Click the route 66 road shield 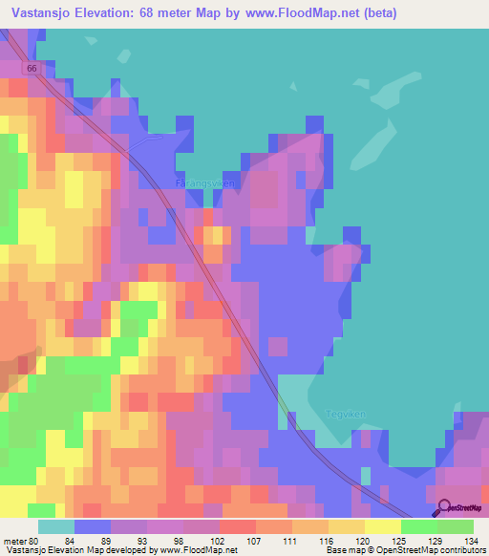[x=32, y=70]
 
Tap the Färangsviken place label [x=205, y=182]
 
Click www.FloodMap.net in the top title [x=295, y=13]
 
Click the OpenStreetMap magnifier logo [x=443, y=508]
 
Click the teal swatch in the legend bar [x=55, y=525]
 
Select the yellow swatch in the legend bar [x=382, y=525]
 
